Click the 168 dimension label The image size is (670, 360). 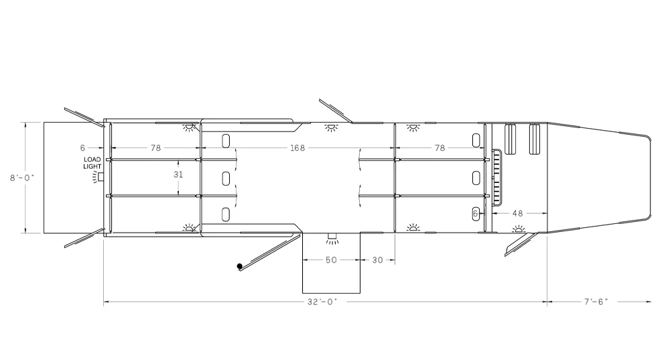(x=297, y=148)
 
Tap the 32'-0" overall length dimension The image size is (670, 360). (x=322, y=302)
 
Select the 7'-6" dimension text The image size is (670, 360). (x=596, y=302)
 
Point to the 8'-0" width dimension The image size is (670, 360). (x=22, y=178)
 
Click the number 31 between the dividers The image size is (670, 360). (x=178, y=174)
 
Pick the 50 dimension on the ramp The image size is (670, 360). (x=331, y=260)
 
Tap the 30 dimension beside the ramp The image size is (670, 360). (x=378, y=260)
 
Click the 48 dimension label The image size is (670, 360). (x=517, y=213)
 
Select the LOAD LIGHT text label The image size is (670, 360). (x=92, y=163)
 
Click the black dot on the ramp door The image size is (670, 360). (x=240, y=266)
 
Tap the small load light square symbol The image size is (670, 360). (x=101, y=176)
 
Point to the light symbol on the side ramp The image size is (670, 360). (x=332, y=239)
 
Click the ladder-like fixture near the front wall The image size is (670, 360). (x=496, y=177)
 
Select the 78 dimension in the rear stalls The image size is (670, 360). (x=155, y=148)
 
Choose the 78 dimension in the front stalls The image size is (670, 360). (x=440, y=148)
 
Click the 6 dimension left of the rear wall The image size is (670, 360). (x=82, y=148)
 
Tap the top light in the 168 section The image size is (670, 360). (x=331, y=127)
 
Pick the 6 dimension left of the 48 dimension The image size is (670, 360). (x=476, y=213)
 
